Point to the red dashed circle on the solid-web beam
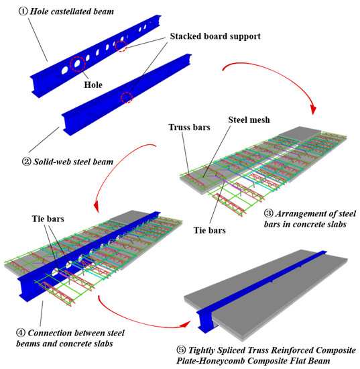click(126, 98)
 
